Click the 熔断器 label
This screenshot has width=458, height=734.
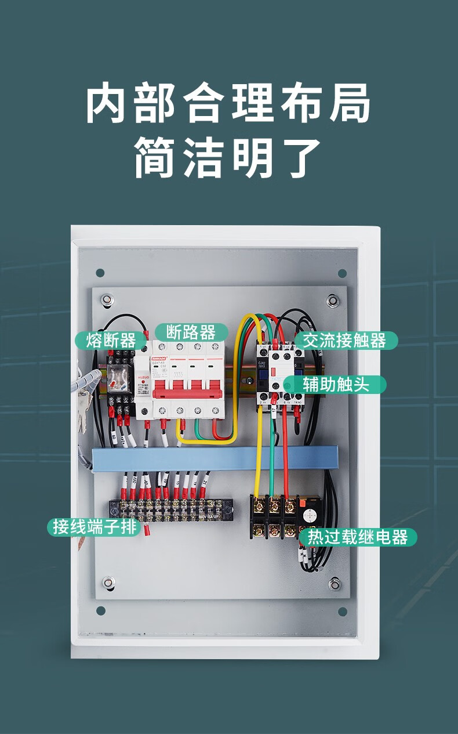(x=111, y=340)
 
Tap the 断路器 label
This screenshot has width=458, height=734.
(x=191, y=332)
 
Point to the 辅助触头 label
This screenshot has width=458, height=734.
(x=336, y=384)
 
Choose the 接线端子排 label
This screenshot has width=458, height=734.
(x=94, y=527)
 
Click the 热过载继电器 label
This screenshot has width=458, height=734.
(x=358, y=537)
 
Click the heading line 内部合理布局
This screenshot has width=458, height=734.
(x=228, y=104)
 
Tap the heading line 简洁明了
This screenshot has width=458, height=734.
(x=228, y=158)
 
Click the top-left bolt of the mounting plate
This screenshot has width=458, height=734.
(x=108, y=300)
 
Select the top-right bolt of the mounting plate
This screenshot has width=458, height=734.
(x=333, y=301)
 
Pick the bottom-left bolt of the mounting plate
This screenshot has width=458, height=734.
(x=108, y=582)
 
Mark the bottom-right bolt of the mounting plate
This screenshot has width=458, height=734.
(x=334, y=583)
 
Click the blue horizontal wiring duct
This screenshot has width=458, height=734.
(x=215, y=458)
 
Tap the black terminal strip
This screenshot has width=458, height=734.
(x=172, y=511)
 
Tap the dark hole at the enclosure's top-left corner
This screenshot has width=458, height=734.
(x=100, y=273)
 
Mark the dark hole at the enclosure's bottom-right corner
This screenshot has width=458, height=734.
(x=342, y=611)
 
